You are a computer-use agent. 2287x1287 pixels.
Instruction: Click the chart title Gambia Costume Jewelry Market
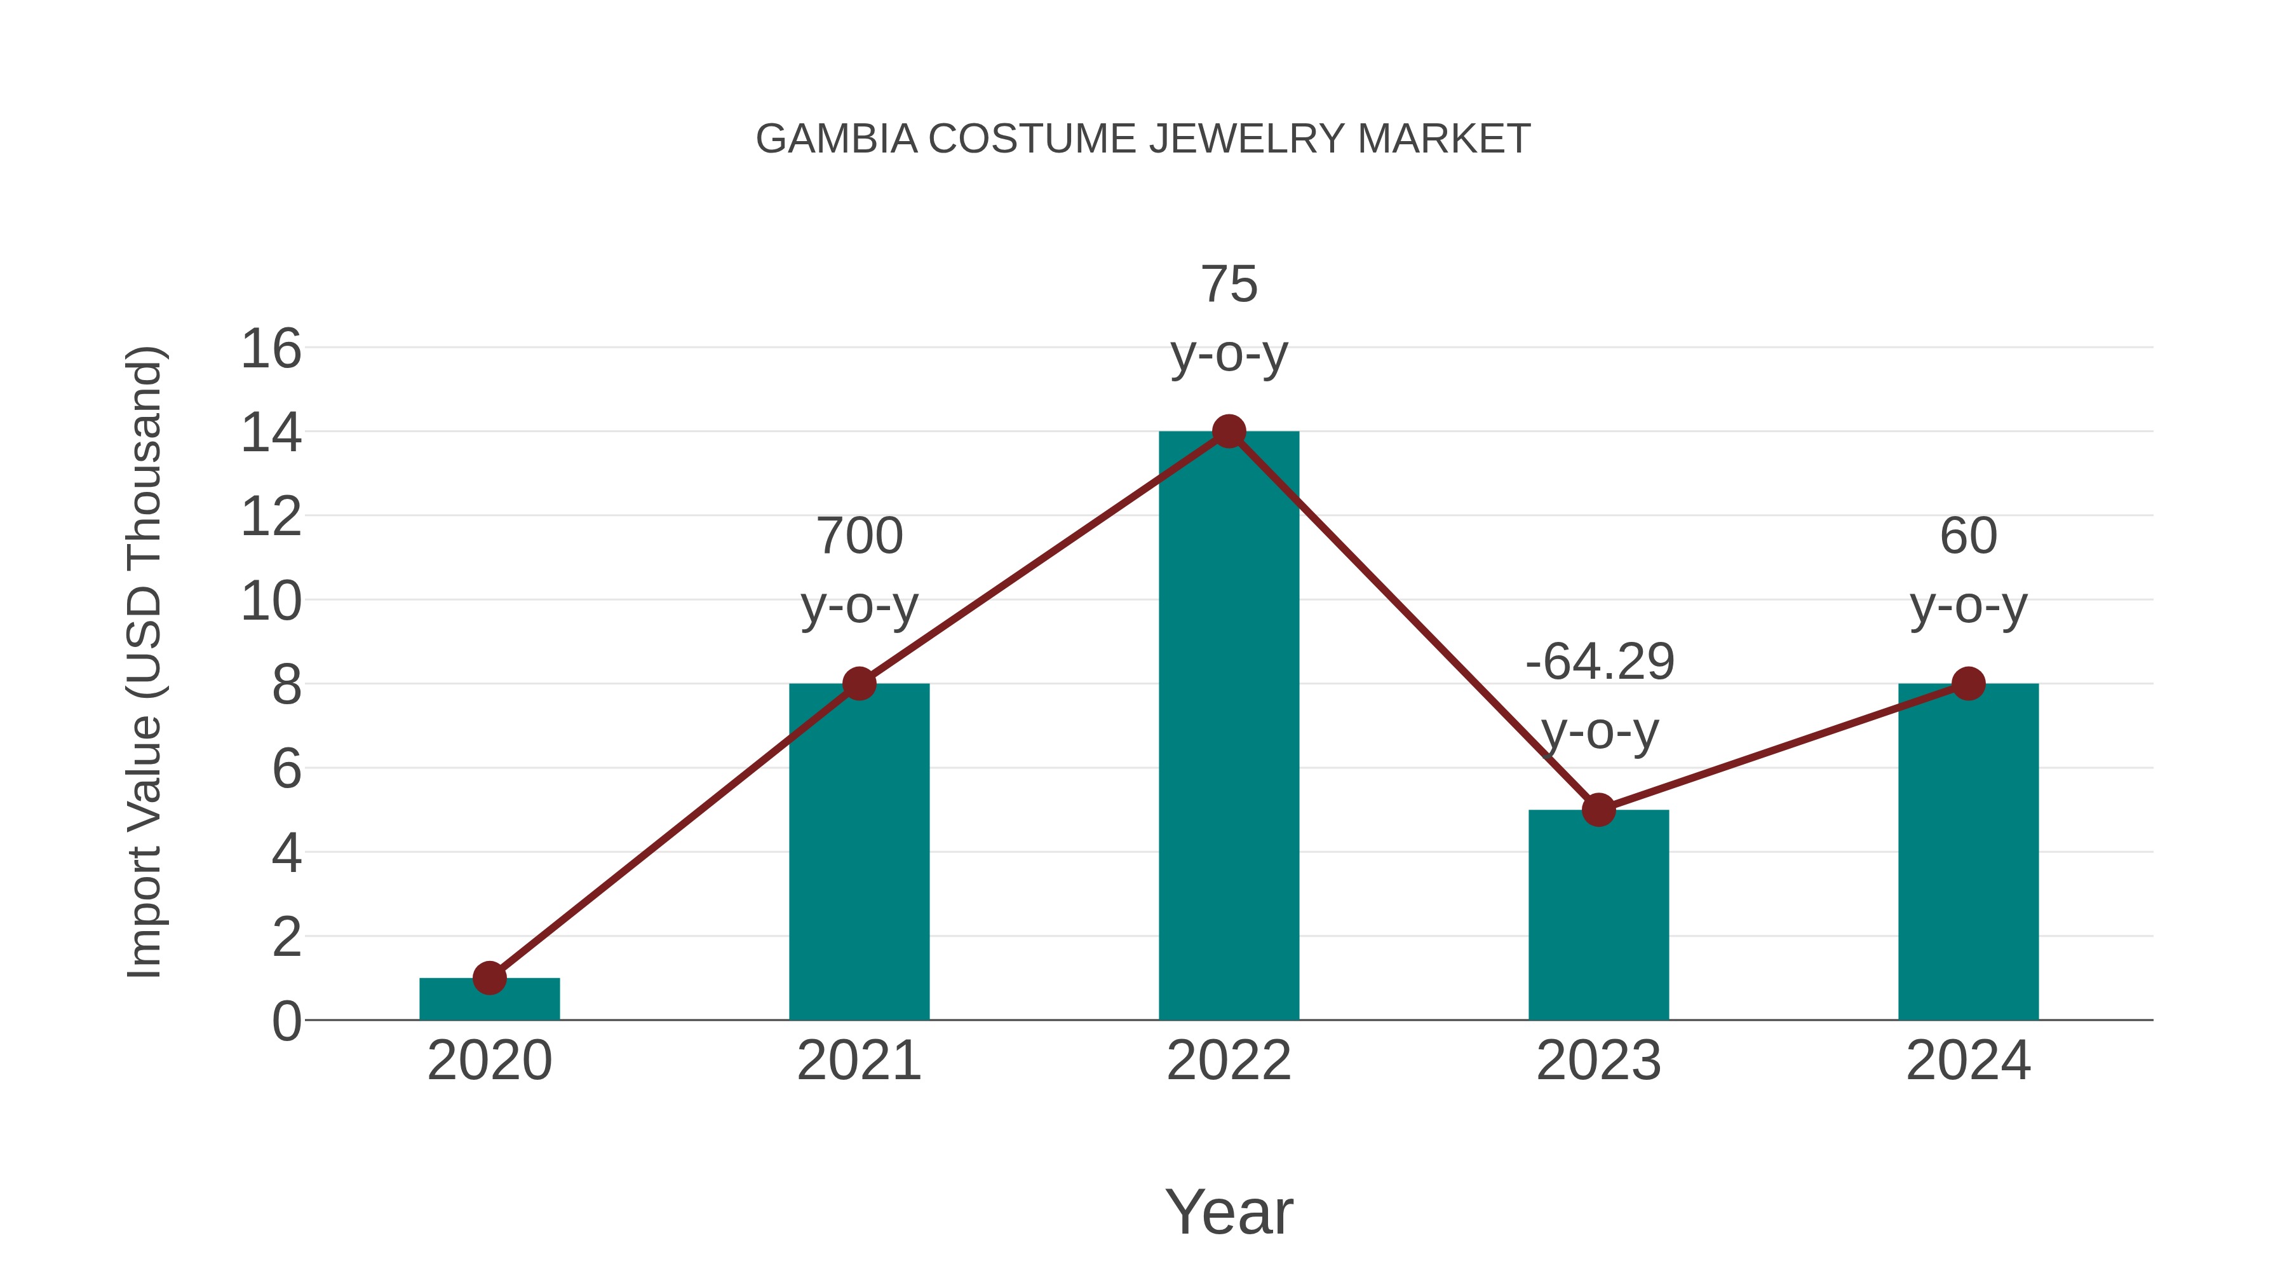pyautogui.click(x=1143, y=139)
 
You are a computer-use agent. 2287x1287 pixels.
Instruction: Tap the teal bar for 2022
pyautogui.click(x=1229, y=728)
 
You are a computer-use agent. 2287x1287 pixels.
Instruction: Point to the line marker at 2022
pyautogui.click(x=1229, y=432)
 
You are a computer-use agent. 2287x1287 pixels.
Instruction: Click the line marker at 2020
pyautogui.click(x=489, y=978)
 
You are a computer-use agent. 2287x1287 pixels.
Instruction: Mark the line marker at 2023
pyautogui.click(x=1598, y=810)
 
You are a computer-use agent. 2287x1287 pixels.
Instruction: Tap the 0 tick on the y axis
pyautogui.click(x=286, y=1021)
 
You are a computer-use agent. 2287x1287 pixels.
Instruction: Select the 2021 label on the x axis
pyautogui.click(x=858, y=1061)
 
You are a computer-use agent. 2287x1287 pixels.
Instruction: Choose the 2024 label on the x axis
pyautogui.click(x=1968, y=1061)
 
